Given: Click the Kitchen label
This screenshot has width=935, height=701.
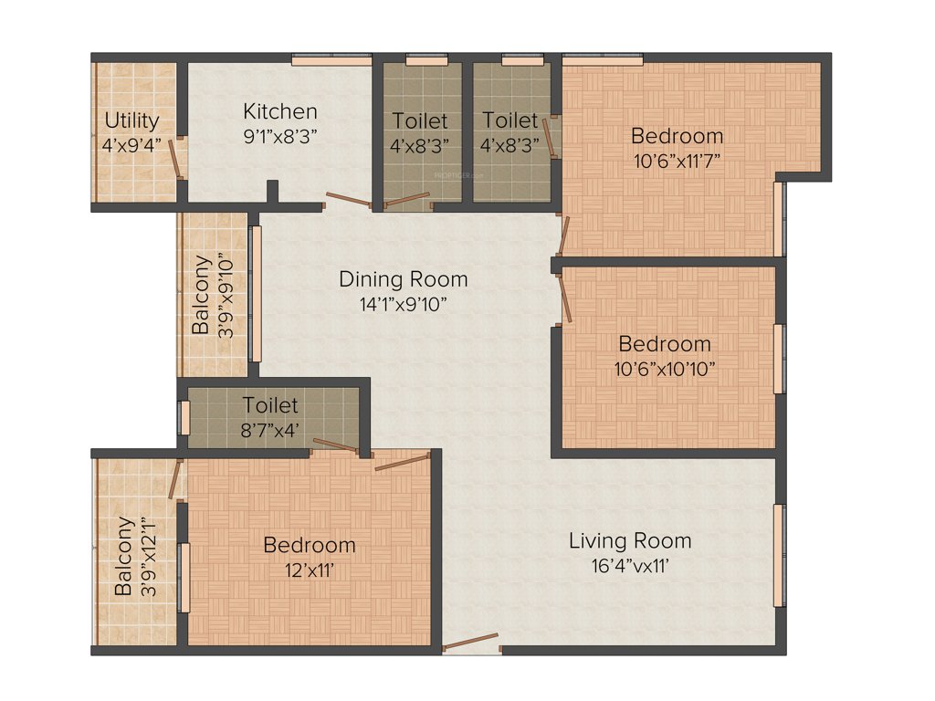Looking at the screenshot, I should (280, 111).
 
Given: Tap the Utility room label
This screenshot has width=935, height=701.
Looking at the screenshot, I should (131, 120).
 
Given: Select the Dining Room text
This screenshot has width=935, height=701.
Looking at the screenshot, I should (403, 279).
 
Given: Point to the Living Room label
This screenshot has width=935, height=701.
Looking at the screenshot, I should (630, 540).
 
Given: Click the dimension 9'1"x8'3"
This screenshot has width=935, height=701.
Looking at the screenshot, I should (280, 136).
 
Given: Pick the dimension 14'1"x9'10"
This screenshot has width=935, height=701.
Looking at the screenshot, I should (403, 304).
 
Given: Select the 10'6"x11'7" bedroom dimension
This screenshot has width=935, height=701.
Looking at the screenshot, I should (677, 161).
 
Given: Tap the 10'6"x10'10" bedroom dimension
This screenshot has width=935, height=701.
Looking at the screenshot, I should (665, 369).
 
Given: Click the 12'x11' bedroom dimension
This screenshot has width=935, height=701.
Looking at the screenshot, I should (310, 570).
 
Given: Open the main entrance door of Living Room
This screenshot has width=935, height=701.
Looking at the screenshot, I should (471, 642).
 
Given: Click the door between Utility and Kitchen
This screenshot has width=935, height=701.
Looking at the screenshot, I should (173, 159).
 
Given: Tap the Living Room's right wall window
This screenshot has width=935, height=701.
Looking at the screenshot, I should (779, 554).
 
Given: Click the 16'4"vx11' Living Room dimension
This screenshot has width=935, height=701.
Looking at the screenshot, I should (630, 565).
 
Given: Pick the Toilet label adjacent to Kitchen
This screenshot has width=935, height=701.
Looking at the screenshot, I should (420, 120).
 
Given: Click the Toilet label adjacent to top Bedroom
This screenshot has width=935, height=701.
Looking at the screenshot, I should (510, 120).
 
